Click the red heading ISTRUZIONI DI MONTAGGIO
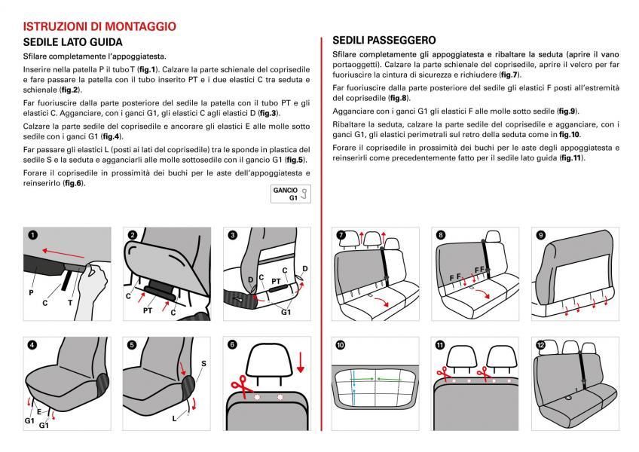coord(99,26)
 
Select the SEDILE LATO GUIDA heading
coord(72,42)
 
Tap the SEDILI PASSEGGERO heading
coord(384,40)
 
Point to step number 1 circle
coord(32,235)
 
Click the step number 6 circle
coord(232,344)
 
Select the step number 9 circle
coord(540,235)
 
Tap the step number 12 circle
coord(540,344)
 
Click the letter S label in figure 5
coord(203,364)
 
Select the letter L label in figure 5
coord(174,417)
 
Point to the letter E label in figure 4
coord(39,413)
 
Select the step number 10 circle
coord(341,344)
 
